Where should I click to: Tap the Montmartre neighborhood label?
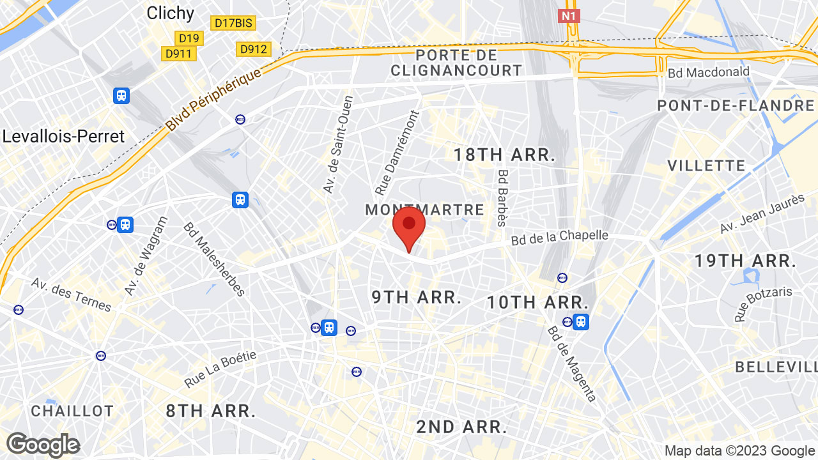click(x=424, y=210)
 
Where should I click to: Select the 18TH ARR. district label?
click(x=504, y=155)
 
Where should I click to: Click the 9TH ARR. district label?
click(x=417, y=297)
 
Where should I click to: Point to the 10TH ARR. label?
click(x=537, y=302)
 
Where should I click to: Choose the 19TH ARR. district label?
click(x=745, y=261)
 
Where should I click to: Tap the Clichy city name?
click(x=170, y=13)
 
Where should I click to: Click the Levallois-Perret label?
click(x=63, y=136)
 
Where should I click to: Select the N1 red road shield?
click(x=569, y=15)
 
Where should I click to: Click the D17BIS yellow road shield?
click(x=233, y=23)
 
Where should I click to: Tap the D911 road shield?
click(x=178, y=54)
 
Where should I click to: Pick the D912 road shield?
click(x=254, y=49)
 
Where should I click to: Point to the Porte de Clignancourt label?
click(x=456, y=62)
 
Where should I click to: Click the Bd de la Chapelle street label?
click(x=559, y=237)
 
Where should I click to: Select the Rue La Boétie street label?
click(x=220, y=369)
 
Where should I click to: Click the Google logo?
click(x=43, y=445)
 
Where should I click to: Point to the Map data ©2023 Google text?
click(x=739, y=450)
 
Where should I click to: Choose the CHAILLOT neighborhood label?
click(x=72, y=411)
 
